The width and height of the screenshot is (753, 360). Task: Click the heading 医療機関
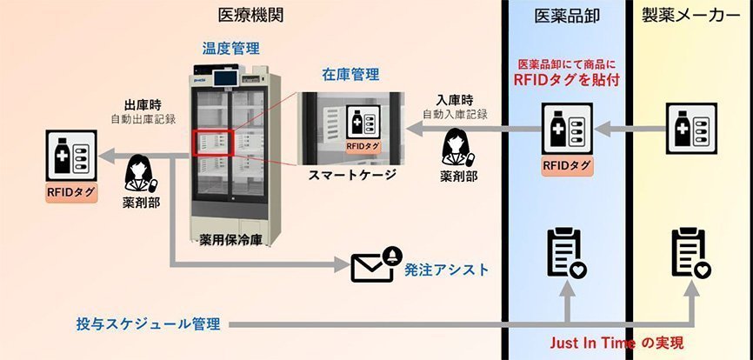250,16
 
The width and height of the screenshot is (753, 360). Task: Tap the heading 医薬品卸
567,16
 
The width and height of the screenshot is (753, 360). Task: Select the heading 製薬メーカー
691,16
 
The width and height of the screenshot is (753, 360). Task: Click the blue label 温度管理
230,48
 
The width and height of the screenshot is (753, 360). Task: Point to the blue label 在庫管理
350,75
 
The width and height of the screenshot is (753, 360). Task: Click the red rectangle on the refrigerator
212,143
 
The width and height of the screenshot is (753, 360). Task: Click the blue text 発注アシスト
447,270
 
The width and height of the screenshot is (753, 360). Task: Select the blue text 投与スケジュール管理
148,324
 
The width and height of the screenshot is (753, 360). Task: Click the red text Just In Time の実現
616,343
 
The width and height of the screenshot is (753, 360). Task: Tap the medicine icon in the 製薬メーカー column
691,129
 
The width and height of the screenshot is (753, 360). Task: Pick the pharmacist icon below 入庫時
457,147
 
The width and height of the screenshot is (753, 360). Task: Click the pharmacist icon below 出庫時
140,173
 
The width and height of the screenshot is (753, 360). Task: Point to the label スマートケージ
352,175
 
